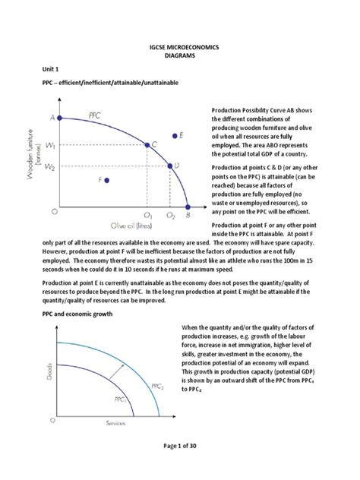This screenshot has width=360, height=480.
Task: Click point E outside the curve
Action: [x=175, y=136]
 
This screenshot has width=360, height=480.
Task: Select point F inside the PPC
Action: [x=107, y=180]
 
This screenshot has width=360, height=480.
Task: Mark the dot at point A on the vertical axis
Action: [x=61, y=118]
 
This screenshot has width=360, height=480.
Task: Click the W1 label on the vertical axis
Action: [x=51, y=144]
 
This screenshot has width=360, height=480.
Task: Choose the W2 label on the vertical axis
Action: [x=51, y=166]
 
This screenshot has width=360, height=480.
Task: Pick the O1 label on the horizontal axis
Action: [x=147, y=216]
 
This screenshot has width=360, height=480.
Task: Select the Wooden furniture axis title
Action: [x=37, y=163]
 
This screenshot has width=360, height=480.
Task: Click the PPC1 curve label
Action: [x=121, y=398]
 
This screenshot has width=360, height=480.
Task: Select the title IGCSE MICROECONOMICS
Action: [x=180, y=47]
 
